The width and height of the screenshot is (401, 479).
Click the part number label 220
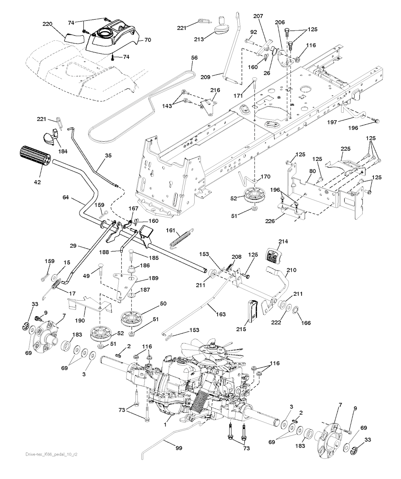click(47, 24)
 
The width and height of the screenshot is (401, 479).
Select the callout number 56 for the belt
click(194, 57)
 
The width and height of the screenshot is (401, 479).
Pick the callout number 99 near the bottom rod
click(179, 448)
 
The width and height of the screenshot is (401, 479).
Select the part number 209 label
click(205, 77)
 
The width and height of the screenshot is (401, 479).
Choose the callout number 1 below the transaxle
click(165, 425)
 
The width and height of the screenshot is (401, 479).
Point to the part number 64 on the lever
click(66, 197)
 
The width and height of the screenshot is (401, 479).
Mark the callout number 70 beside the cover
click(148, 40)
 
